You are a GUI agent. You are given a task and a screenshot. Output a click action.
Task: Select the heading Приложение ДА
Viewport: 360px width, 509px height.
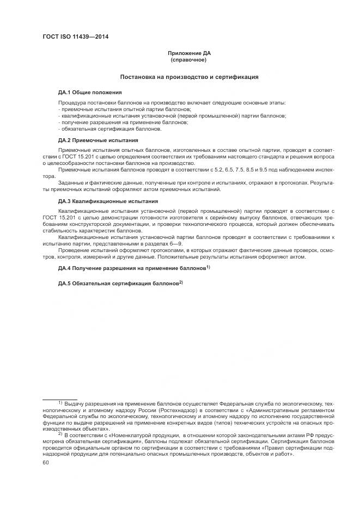click(188, 53)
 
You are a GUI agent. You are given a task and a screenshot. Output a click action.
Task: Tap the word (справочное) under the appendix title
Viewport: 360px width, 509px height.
click(188, 59)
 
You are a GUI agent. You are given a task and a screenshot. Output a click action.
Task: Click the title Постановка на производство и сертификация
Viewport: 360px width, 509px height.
click(188, 77)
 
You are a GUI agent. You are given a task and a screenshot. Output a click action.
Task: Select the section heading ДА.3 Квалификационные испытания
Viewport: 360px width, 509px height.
click(101, 201)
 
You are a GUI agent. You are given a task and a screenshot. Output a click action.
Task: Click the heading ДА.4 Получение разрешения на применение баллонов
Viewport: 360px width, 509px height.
click(131, 269)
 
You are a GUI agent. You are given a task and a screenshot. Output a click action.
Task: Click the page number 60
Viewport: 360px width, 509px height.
click(46, 463)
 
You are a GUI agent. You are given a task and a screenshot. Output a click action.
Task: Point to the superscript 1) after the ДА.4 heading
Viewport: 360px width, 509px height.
click(208, 267)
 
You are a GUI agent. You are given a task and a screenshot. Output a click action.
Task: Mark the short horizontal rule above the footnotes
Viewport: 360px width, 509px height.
click(59, 399)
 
